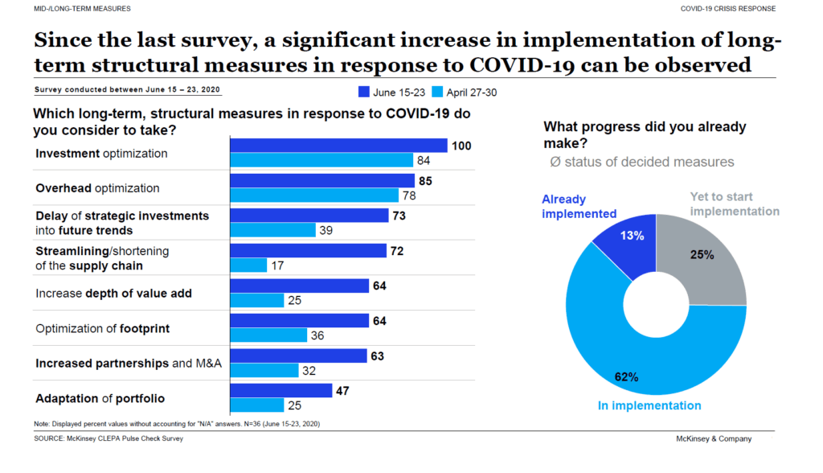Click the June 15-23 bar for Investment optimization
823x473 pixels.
pyautogui.click(x=338, y=146)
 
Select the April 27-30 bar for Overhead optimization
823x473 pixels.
pyautogui.click(x=314, y=195)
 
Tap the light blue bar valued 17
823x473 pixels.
pyautogui.click(x=248, y=265)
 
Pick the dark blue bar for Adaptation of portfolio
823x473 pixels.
pyautogui.click(x=281, y=390)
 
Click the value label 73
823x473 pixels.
pyautogui.click(x=398, y=216)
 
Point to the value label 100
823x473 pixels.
pyautogui.click(x=461, y=146)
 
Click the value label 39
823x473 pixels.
pyautogui.click(x=326, y=230)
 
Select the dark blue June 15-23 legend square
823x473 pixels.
pyautogui.click(x=363, y=92)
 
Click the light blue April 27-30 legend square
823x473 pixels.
pyautogui.click(x=437, y=92)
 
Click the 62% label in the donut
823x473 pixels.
pyautogui.click(x=627, y=376)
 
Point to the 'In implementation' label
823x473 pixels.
pyautogui.click(x=649, y=405)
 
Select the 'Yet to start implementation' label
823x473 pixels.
pyautogui.click(x=735, y=204)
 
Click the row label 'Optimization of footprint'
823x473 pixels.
pyautogui.click(x=102, y=328)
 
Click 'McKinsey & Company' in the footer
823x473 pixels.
pyautogui.click(x=714, y=438)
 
